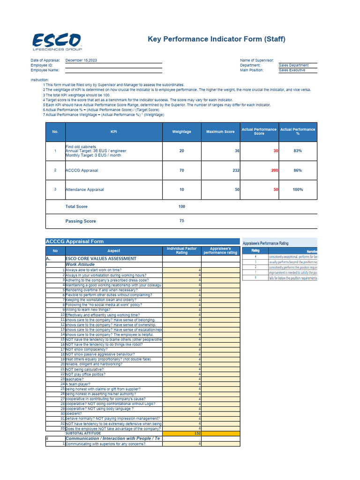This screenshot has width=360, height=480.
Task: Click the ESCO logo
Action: [56, 42]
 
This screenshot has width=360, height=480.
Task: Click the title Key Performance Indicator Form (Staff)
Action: [217, 39]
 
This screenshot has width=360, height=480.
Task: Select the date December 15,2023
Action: [81, 60]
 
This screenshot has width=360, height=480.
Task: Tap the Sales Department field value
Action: [293, 65]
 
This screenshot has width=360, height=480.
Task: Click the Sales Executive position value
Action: [292, 70]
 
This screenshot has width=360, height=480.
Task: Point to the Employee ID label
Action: [41, 65]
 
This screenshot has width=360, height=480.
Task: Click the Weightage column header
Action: [181, 132]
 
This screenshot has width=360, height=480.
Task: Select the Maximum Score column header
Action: [220, 132]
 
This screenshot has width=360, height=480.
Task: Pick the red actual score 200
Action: [274, 171]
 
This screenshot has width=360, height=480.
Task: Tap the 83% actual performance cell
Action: [297, 151]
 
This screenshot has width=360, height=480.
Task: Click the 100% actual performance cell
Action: [297, 190]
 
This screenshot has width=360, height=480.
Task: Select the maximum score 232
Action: [236, 171]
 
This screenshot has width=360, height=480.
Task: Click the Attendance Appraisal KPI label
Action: [85, 190]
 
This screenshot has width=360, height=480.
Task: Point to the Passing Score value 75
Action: [181, 221]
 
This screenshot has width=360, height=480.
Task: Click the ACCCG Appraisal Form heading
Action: [75, 241]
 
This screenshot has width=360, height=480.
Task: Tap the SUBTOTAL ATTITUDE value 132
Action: [197, 434]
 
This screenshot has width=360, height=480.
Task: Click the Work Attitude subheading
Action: [80, 264]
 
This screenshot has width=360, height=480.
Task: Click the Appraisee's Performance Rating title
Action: [265, 243]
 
